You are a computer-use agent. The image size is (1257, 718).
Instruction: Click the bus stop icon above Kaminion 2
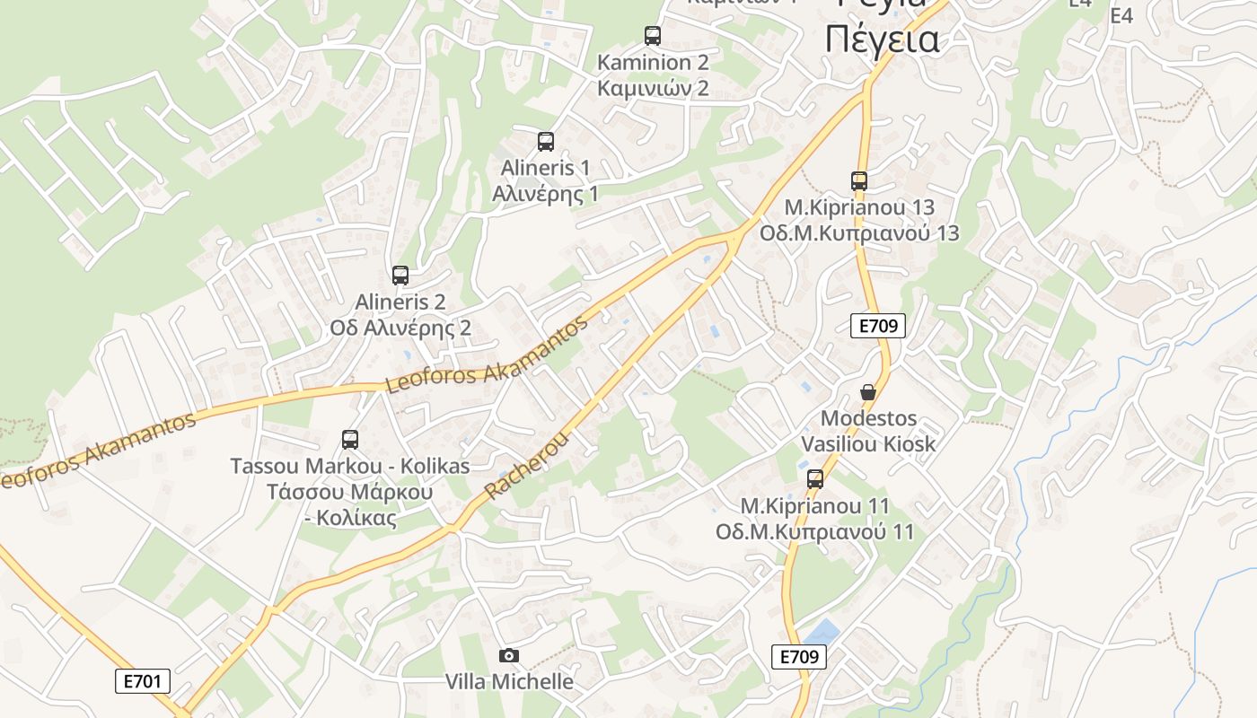(653, 36)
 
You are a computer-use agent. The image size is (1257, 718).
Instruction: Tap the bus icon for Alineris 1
(546, 141)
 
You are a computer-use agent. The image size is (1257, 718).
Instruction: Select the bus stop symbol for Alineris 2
(400, 276)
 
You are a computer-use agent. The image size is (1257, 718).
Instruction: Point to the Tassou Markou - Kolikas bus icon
(350, 440)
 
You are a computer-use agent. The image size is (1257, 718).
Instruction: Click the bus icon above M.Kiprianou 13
(859, 181)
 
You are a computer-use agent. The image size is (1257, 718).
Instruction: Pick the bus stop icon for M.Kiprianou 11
(815, 479)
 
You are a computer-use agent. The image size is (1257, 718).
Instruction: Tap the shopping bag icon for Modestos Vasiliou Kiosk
(868, 392)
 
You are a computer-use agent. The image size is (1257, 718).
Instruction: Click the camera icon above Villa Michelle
(509, 656)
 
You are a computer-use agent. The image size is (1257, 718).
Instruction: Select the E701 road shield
(143, 681)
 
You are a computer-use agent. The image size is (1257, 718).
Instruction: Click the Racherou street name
(527, 464)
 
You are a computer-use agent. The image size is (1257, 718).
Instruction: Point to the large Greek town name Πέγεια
(882, 39)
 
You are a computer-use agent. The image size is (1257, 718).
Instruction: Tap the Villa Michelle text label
(509, 681)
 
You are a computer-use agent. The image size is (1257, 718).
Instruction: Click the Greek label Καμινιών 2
(653, 88)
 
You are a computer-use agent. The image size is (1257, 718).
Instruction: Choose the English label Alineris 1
(546, 167)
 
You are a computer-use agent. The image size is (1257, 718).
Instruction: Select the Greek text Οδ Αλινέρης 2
(400, 328)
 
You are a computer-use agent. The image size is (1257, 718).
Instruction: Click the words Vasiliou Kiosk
(868, 443)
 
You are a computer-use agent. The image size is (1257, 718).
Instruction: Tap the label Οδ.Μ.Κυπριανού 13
(859, 233)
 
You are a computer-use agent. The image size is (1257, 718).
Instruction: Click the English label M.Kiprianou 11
(815, 505)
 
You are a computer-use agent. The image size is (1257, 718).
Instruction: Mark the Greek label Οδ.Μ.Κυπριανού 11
(815, 531)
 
